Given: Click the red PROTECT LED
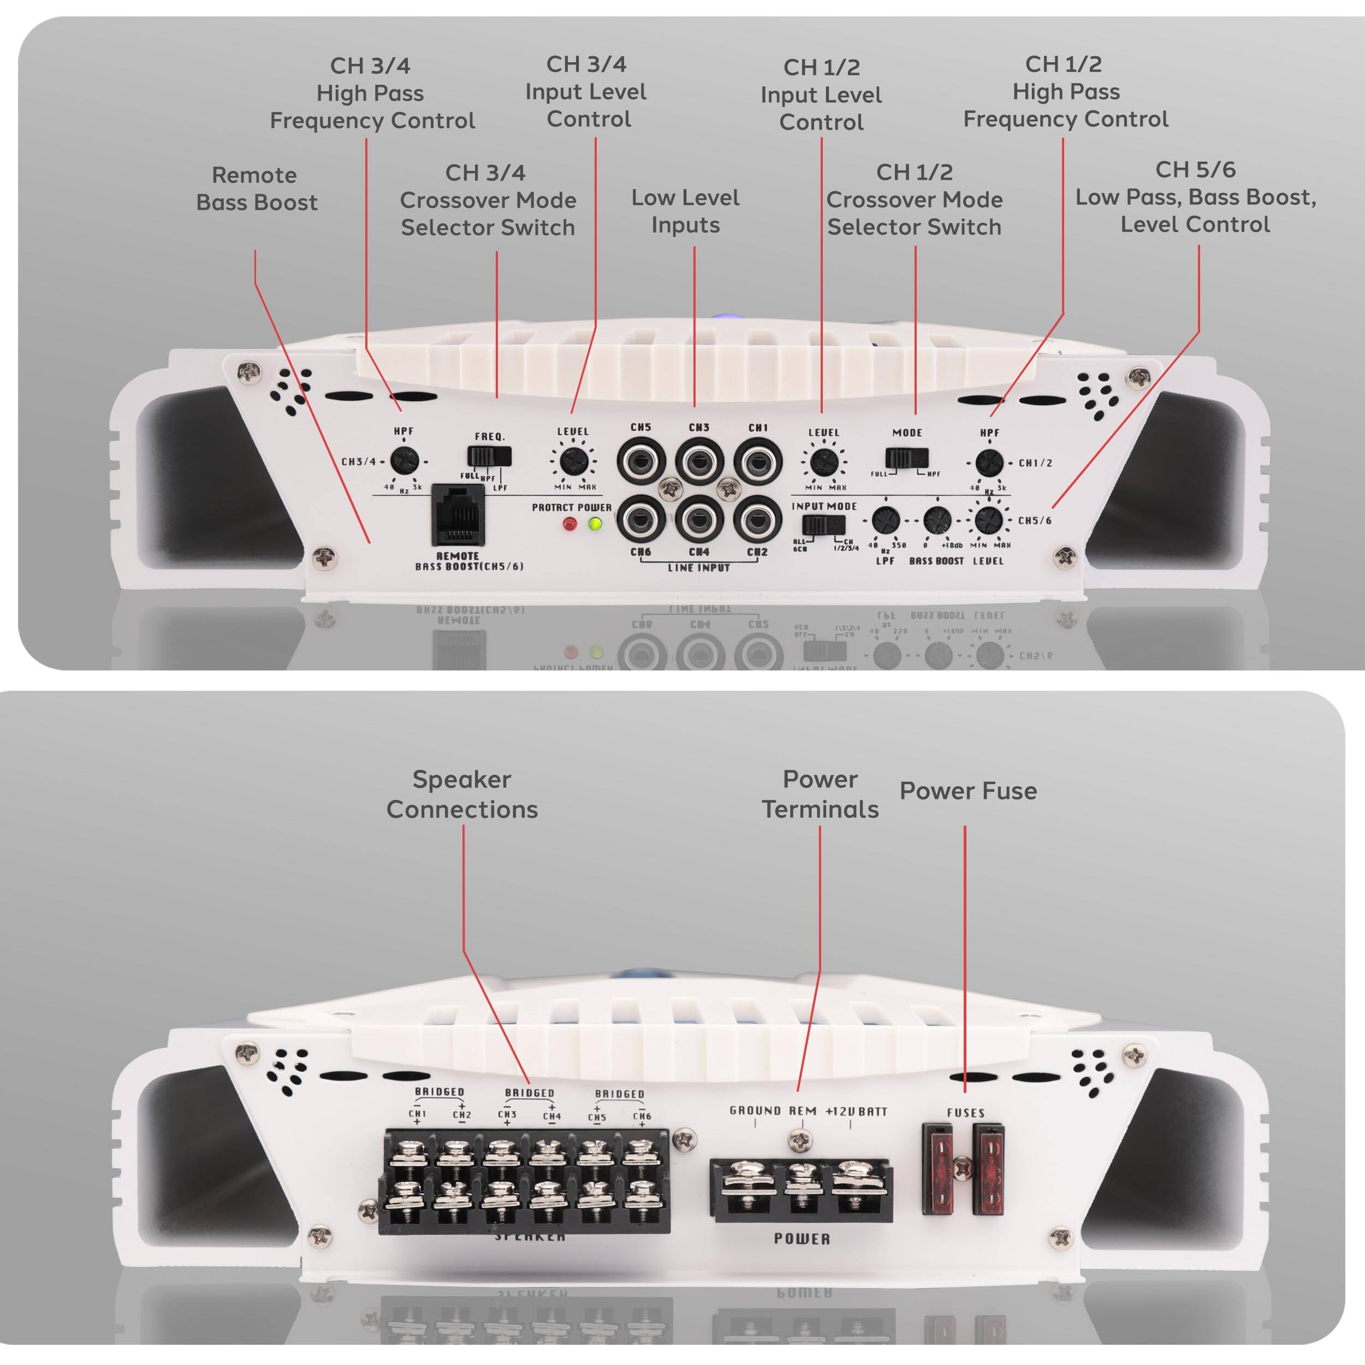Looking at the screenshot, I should coord(569,524).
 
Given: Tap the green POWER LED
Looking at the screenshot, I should coord(596,524).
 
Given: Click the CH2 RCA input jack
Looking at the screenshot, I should coord(757,520).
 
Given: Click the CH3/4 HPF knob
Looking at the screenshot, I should coord(404,461).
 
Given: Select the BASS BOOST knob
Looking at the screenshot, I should coord(937,521).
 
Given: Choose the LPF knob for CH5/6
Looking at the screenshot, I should coord(885,521).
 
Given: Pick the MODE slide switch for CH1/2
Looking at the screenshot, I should coord(906,459).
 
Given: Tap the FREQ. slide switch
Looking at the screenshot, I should coord(489,456).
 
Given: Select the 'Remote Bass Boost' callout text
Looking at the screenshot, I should coord(256,188).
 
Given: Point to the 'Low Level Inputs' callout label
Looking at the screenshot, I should coord(685,211).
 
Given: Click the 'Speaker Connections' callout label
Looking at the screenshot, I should coord(462,794).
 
